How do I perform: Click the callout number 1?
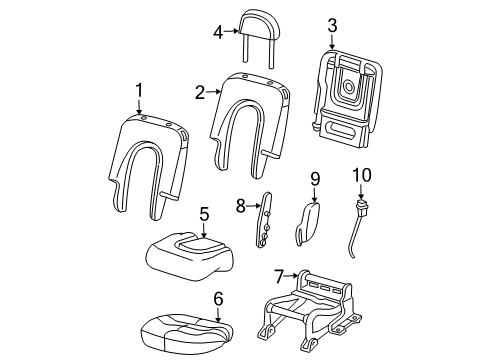pyautogui.click(x=139, y=91)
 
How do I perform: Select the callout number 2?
pyautogui.click(x=200, y=92)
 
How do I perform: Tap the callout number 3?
pyautogui.click(x=332, y=26)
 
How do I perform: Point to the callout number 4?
pyautogui.click(x=218, y=32)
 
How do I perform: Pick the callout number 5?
pyautogui.click(x=204, y=214)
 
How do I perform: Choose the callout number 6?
pyautogui.click(x=218, y=299)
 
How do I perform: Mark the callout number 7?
pyautogui.click(x=279, y=276)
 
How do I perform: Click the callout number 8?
pyautogui.click(x=241, y=206)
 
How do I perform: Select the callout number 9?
pyautogui.click(x=315, y=179)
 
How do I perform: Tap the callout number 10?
pyautogui.click(x=362, y=175)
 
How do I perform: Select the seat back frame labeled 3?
pyautogui.click(x=347, y=98)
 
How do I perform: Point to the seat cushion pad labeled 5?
pyautogui.click(x=189, y=256)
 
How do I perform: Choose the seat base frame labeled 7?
pyautogui.click(x=308, y=311)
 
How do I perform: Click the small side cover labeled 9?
pyautogui.click(x=307, y=223)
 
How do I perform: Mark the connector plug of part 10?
pyautogui.click(x=361, y=207)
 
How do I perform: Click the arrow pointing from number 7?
pyautogui.click(x=291, y=276)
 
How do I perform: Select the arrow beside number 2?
pyautogui.click(x=213, y=91)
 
